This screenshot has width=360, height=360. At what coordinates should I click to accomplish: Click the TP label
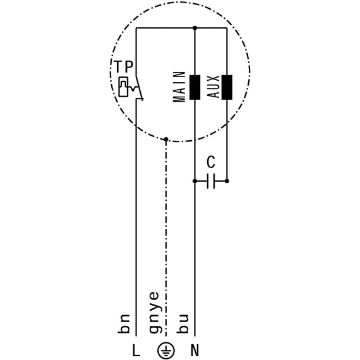tap(124, 66)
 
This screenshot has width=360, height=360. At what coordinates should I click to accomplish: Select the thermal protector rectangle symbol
tap(123, 87)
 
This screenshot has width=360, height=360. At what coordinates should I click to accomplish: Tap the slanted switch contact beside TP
tap(140, 88)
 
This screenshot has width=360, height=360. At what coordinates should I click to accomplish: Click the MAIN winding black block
tap(195, 87)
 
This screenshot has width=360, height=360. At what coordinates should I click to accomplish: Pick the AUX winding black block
tap(227, 87)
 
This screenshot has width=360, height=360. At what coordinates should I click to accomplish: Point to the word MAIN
tap(179, 87)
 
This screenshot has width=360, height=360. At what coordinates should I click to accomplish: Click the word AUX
tap(213, 87)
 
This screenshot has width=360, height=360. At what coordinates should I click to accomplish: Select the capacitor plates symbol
tap(211, 181)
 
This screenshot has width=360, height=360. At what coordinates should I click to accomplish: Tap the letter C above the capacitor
tap(211, 162)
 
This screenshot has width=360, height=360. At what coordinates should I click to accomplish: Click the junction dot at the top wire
tap(195, 28)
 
